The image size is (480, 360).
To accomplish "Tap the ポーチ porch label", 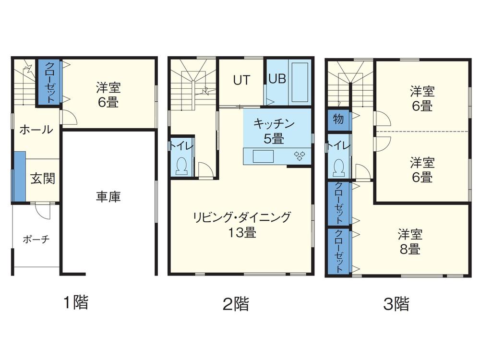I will tap(36, 240).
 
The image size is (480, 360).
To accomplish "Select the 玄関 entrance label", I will tap(42, 179).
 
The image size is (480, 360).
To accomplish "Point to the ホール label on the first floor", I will tap(36, 130).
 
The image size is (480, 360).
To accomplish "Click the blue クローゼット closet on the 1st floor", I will tap(49, 82).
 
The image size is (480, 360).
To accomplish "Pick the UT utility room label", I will tap(241, 80).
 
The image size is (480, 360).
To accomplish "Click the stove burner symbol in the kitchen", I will tap(300, 156).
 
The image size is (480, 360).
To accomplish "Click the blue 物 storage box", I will tap(338, 120).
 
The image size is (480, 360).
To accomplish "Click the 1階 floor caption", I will tap(76, 302).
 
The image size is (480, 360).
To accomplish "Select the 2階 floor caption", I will tap(236, 303).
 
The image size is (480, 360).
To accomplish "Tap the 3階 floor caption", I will tap(396, 303).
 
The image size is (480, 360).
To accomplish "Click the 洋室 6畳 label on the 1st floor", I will tap(108, 95).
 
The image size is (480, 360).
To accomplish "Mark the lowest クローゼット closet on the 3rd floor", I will tap(338, 252).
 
